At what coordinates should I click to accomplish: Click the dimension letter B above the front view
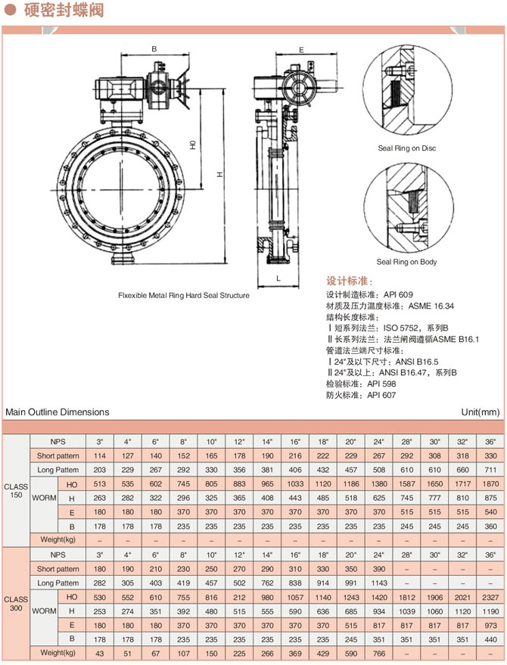[x=154, y=48]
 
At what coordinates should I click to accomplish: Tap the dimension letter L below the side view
[x=278, y=278]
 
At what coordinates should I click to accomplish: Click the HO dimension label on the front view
[x=194, y=143]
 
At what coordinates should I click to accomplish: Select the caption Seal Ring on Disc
[x=407, y=148]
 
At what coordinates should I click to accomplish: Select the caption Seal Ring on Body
[x=406, y=262]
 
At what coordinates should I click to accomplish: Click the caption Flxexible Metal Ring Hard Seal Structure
[x=183, y=296]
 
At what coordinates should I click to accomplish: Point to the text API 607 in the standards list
[x=382, y=395]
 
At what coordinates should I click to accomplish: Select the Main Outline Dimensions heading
[x=58, y=412]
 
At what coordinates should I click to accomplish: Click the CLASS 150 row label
[x=16, y=490]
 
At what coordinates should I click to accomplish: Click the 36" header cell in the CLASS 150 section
[x=490, y=441]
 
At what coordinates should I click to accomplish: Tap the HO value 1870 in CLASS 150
[x=490, y=483]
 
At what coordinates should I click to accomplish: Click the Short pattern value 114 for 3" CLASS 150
[x=99, y=455]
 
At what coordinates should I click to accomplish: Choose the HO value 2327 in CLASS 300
[x=490, y=596]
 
